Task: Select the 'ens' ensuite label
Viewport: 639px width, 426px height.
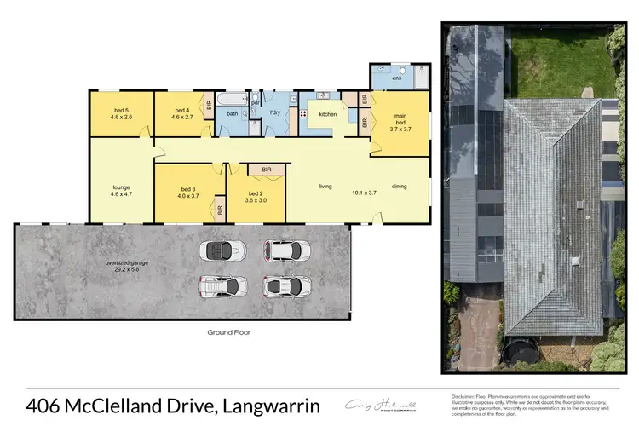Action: coord(396,78)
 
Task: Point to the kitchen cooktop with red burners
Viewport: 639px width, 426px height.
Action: coord(303,114)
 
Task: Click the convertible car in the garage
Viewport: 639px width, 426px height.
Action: coord(223,250)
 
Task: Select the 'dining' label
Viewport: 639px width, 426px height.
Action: coord(399,186)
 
